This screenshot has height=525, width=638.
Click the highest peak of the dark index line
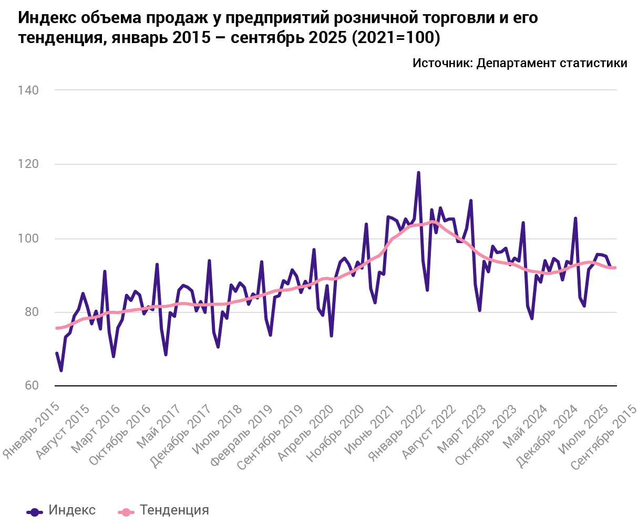418,173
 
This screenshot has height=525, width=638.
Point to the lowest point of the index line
61,371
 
